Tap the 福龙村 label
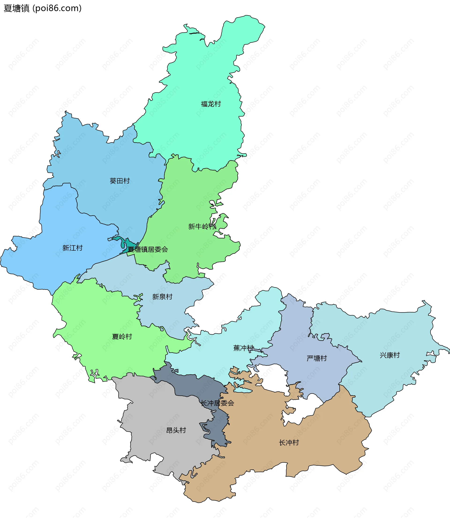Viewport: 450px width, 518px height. [211, 104]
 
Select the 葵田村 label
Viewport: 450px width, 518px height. [120, 181]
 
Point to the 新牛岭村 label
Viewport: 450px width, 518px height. [202, 227]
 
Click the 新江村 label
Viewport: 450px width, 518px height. [72, 248]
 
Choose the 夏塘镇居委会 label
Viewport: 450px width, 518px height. [148, 250]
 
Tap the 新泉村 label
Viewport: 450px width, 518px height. [162, 297]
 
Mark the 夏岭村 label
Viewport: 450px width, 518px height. [122, 337]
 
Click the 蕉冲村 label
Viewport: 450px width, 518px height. [243, 348]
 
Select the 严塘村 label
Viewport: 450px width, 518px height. [317, 358]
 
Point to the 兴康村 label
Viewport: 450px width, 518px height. [390, 355]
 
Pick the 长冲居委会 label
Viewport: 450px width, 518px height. [217, 403]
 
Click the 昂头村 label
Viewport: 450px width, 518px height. [176, 430]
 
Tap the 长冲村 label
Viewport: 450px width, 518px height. [289, 443]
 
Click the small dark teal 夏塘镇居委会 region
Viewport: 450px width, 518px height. [129, 244]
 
